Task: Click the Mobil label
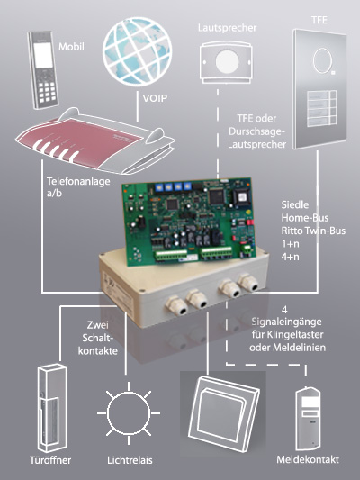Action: click(x=71, y=47)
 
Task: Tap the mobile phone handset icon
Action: click(x=43, y=70)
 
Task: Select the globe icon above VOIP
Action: click(x=137, y=51)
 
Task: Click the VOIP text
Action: click(x=155, y=98)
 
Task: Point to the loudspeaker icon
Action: click(x=226, y=62)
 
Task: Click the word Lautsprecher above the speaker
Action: click(x=227, y=28)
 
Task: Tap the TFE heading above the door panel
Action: click(x=319, y=20)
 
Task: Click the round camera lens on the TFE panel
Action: click(x=321, y=61)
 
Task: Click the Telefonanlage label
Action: click(x=78, y=181)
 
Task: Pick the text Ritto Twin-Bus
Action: click(x=313, y=231)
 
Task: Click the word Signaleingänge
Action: click(x=286, y=322)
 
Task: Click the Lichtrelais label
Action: click(x=130, y=460)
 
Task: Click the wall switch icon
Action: click(x=224, y=412)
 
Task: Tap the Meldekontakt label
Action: click(x=308, y=460)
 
